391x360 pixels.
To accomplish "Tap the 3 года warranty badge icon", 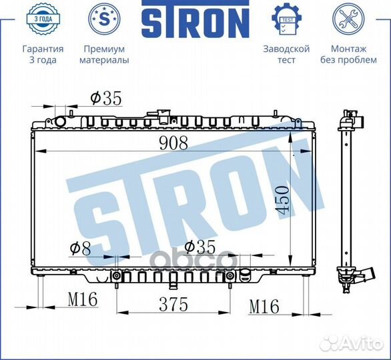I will (x=43, y=20).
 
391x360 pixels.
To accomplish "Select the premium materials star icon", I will (x=104, y=20).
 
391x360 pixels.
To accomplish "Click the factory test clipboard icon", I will (x=286, y=20).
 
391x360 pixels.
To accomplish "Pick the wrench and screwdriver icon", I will (x=348, y=20).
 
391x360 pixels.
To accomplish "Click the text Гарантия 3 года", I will (x=43, y=54).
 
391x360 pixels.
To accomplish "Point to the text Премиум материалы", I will (x=104, y=54).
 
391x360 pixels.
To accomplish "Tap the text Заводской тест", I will (x=286, y=54).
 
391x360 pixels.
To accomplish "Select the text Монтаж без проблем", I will (x=348, y=54).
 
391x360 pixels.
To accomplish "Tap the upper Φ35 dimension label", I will (x=106, y=99).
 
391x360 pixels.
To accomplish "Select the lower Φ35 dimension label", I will (x=200, y=247).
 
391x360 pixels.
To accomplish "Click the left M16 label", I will (x=82, y=300).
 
